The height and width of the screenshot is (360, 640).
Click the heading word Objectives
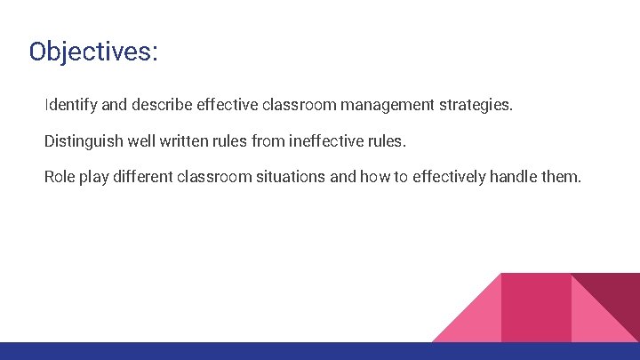point(92,52)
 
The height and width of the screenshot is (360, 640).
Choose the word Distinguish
point(82,141)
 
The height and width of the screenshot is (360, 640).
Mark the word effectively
point(450,177)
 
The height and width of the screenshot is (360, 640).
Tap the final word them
point(561,177)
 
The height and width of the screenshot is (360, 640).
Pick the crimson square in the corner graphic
point(535,308)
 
